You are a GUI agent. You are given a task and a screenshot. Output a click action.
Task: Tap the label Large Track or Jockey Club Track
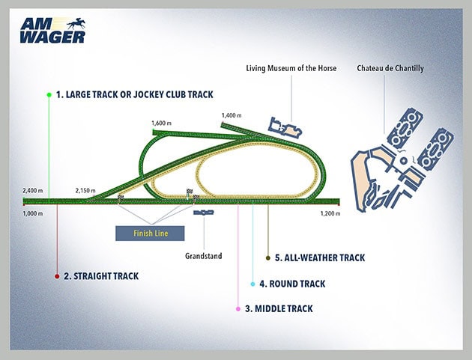click(139, 94)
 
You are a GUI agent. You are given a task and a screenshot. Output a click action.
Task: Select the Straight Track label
click(101, 276)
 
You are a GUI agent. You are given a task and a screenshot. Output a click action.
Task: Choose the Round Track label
click(292, 284)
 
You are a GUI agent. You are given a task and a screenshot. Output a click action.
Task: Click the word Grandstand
click(203, 256)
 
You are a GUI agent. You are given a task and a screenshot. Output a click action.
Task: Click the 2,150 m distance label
click(86, 191)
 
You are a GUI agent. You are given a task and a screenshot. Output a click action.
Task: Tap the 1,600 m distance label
click(162, 123)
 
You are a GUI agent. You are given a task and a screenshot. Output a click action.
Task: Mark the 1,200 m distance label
click(330, 213)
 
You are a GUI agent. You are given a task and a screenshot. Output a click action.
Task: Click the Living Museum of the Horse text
click(291, 69)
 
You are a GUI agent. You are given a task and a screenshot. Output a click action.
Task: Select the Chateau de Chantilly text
click(391, 69)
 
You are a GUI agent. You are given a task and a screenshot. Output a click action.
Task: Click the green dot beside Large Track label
click(49, 95)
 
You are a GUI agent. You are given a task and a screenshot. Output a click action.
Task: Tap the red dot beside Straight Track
click(57, 276)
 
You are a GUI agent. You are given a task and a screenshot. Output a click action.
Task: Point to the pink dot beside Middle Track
click(238, 308)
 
